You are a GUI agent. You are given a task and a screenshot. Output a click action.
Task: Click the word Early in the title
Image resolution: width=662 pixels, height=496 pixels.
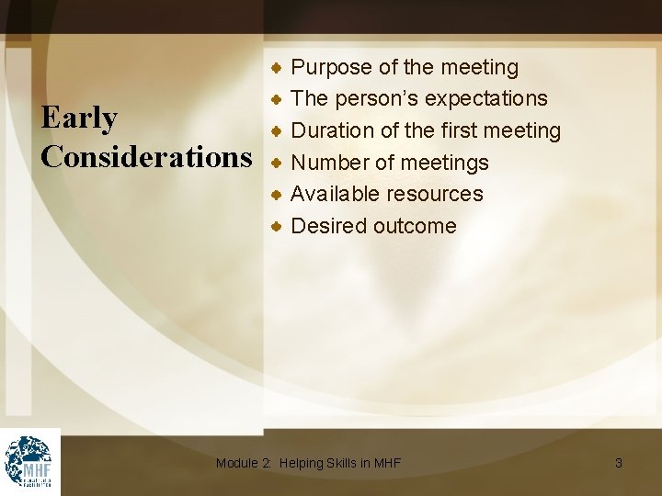(79, 118)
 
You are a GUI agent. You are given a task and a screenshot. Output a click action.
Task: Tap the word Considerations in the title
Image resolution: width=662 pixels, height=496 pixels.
(146, 157)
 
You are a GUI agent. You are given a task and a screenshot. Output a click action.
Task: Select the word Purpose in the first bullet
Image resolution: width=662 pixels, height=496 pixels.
(331, 68)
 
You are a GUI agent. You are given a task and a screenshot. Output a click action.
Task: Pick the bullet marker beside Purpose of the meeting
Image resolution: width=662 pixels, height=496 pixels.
(276, 67)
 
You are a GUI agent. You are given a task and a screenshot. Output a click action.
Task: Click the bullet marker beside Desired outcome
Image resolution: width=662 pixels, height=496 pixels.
(276, 225)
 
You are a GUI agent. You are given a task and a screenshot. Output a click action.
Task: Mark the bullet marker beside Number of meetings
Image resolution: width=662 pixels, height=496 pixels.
(276, 163)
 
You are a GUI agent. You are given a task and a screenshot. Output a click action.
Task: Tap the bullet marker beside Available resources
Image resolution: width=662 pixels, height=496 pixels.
(276, 194)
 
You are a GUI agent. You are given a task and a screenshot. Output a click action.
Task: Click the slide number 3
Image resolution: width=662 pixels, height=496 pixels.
(618, 463)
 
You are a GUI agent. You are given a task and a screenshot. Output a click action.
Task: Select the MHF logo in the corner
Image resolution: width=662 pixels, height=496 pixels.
(29, 461)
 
